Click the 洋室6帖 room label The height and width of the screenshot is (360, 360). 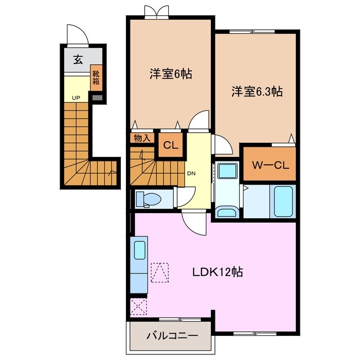pyautogui.click(x=170, y=74)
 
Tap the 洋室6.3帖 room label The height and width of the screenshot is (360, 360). pyautogui.click(x=257, y=93)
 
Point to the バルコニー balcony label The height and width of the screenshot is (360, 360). pyautogui.click(x=172, y=335)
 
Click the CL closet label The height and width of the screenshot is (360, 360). pyautogui.click(x=170, y=145)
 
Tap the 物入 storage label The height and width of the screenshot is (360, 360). pyautogui.click(x=142, y=137)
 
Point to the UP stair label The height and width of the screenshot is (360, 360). pyautogui.click(x=75, y=97)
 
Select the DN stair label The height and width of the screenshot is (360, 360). pyautogui.click(x=191, y=173)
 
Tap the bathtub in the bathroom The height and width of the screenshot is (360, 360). pyautogui.click(x=282, y=201)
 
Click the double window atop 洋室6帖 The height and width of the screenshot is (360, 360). pyautogui.click(x=156, y=12)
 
